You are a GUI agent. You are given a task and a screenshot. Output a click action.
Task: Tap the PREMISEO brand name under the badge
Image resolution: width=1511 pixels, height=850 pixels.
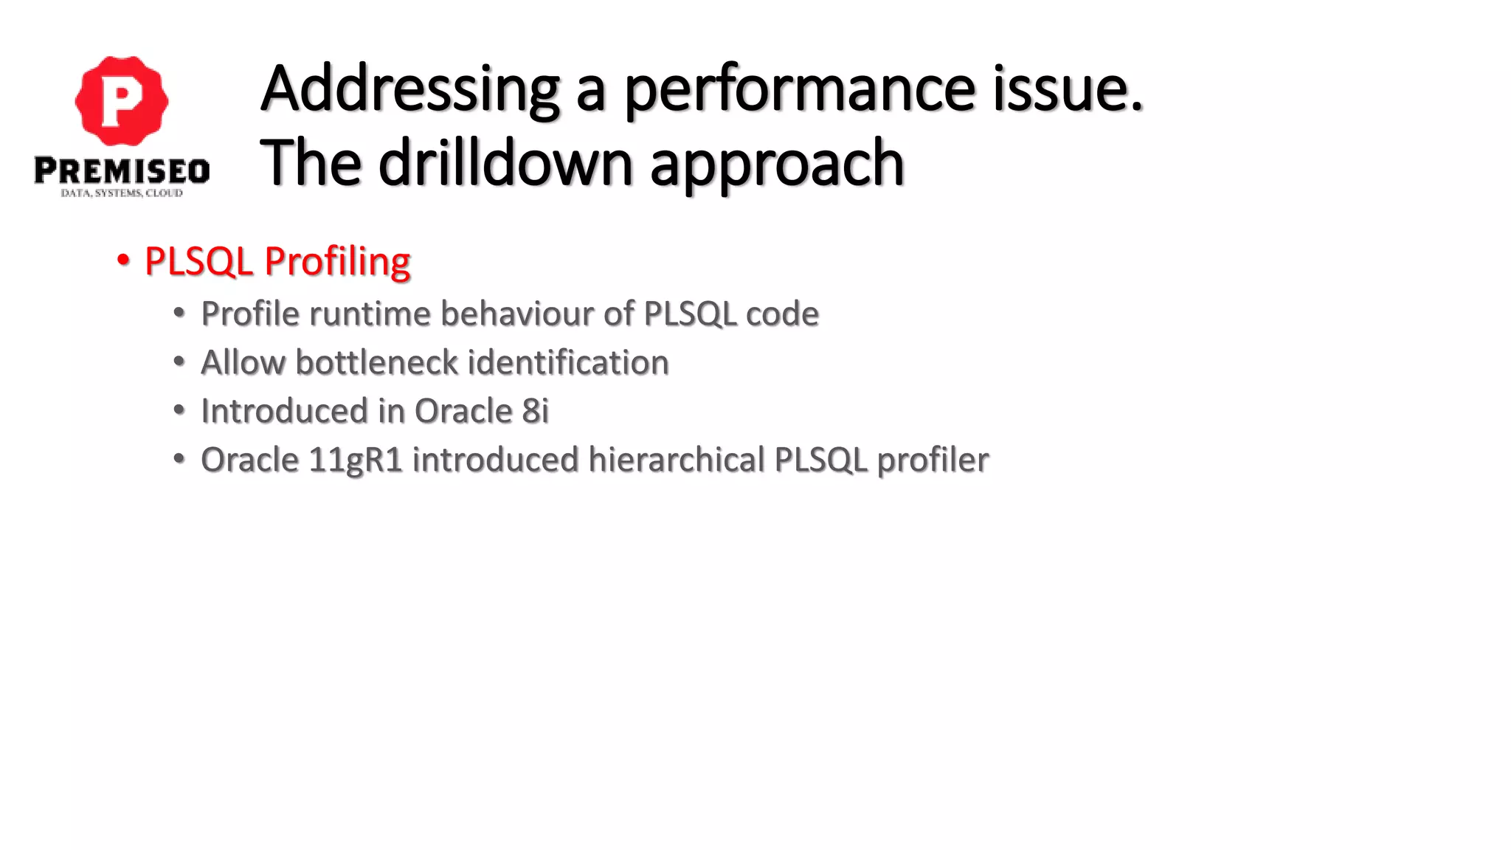(122, 171)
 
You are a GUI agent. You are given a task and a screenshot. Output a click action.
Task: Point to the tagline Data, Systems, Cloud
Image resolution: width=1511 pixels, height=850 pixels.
(122, 193)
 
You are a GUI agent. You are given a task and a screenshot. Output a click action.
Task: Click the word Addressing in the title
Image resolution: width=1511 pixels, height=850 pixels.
(409, 90)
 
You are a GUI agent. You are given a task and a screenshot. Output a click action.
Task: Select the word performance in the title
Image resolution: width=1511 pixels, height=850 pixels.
(800, 90)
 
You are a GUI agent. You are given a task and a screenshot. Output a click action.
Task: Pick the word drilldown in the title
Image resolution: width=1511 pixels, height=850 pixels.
(505, 164)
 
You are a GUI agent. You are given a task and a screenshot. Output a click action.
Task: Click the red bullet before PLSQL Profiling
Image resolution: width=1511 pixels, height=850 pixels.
(122, 260)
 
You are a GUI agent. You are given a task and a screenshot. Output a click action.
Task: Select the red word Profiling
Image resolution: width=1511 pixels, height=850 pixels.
(337, 262)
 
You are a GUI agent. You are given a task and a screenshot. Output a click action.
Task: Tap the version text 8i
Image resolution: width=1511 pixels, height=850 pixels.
(536, 411)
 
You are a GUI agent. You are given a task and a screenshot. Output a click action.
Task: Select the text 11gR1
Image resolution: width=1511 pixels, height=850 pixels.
(356, 460)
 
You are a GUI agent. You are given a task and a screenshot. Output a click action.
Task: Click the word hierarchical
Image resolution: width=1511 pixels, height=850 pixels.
(677, 460)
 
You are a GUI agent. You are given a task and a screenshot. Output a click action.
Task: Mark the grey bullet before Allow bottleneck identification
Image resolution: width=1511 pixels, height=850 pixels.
(179, 362)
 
